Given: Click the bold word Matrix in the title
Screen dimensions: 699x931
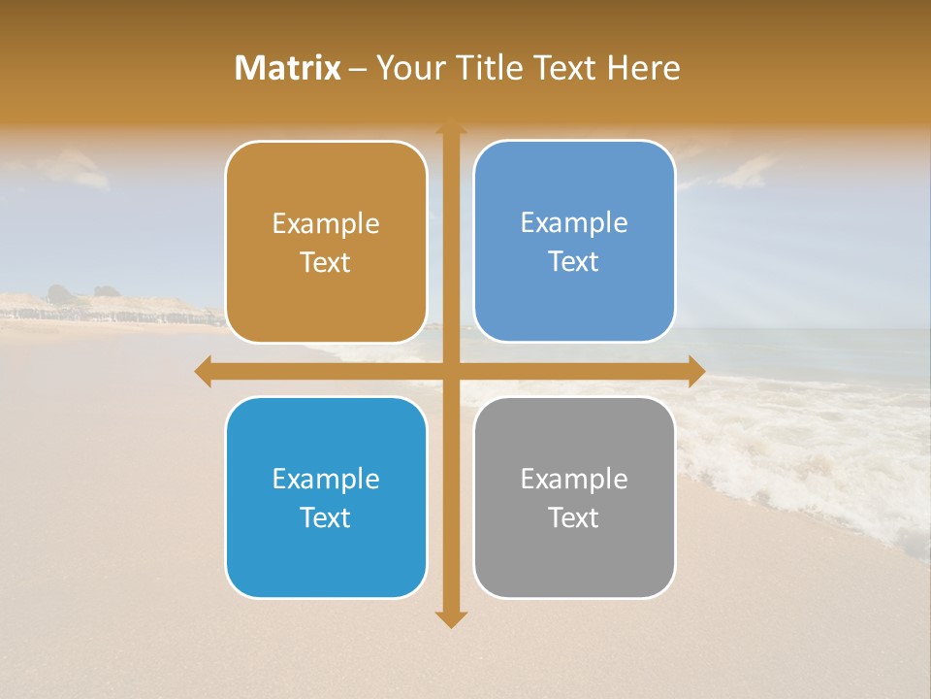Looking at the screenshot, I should point(288,68).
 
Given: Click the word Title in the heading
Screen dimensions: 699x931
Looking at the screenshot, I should point(492,68).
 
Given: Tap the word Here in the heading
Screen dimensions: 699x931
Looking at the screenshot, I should point(644,68).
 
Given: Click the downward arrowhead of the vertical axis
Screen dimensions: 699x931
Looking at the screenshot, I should point(451,618).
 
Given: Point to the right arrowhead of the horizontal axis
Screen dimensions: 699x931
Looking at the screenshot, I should point(695,371).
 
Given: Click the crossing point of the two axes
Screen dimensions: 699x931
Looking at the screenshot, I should point(451,371).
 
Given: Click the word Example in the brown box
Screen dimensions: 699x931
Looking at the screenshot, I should point(326,223).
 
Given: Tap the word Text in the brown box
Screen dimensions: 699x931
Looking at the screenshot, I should point(326,262).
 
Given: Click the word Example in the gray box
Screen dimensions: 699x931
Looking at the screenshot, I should point(574,479).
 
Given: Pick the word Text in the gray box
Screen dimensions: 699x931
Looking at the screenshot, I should point(574,517).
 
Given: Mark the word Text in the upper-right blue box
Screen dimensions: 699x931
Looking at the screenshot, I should point(574,261).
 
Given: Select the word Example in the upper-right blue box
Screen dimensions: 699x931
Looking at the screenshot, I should point(574,222).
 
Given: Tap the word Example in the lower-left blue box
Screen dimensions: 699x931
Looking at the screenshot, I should point(326,479).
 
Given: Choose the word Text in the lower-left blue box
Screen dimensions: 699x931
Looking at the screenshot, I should point(326,517).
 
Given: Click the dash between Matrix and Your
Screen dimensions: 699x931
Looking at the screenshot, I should point(358,69).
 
